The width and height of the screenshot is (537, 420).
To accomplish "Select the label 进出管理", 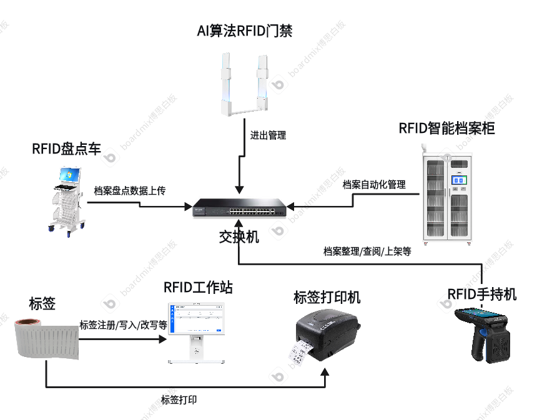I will pyautogui.click(x=268, y=135).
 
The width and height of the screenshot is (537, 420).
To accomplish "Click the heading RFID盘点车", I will pyautogui.click(x=66, y=149).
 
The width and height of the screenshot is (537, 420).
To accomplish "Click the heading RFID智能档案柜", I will pyautogui.click(x=447, y=129).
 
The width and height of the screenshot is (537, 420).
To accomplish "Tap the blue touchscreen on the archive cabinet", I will pyautogui.click(x=460, y=181).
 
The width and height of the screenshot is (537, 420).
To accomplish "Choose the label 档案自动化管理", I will pyautogui.click(x=374, y=185).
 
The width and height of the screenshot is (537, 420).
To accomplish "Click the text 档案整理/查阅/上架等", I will pyautogui.click(x=367, y=252).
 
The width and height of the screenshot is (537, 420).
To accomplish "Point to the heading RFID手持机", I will pyautogui.click(x=482, y=293).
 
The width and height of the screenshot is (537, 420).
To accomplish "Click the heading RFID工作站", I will pyautogui.click(x=198, y=287).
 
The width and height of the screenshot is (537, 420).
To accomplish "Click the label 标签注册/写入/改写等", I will pyautogui.click(x=123, y=325).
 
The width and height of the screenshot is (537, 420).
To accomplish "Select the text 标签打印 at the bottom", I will pyautogui.click(x=179, y=400).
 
